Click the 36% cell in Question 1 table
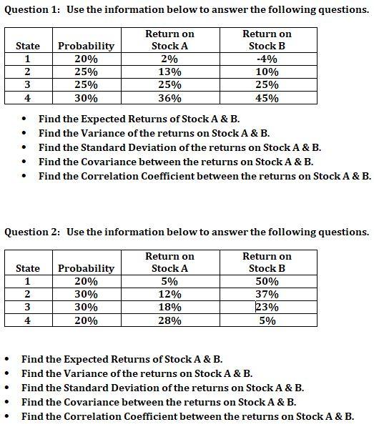pyautogui.click(x=169, y=99)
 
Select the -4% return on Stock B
pyautogui.click(x=267, y=59)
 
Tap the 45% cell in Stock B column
pyautogui.click(x=267, y=99)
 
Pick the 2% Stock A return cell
pyautogui.click(x=169, y=59)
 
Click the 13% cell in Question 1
pyautogui.click(x=169, y=72)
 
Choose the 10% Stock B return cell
pyautogui.click(x=267, y=72)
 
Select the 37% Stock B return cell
pyautogui.click(x=267, y=295)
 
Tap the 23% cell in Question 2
pyautogui.click(x=267, y=308)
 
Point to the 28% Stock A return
pyautogui.click(x=169, y=321)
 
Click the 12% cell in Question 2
pyautogui.click(x=169, y=295)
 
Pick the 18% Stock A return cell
pyautogui.click(x=169, y=308)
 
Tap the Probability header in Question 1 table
pyautogui.click(x=86, y=46)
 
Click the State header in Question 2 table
pyautogui.click(x=28, y=268)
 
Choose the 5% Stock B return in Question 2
pyautogui.click(x=267, y=321)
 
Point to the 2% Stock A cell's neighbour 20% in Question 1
pyautogui.click(x=86, y=59)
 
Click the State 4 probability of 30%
pyautogui.click(x=86, y=99)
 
